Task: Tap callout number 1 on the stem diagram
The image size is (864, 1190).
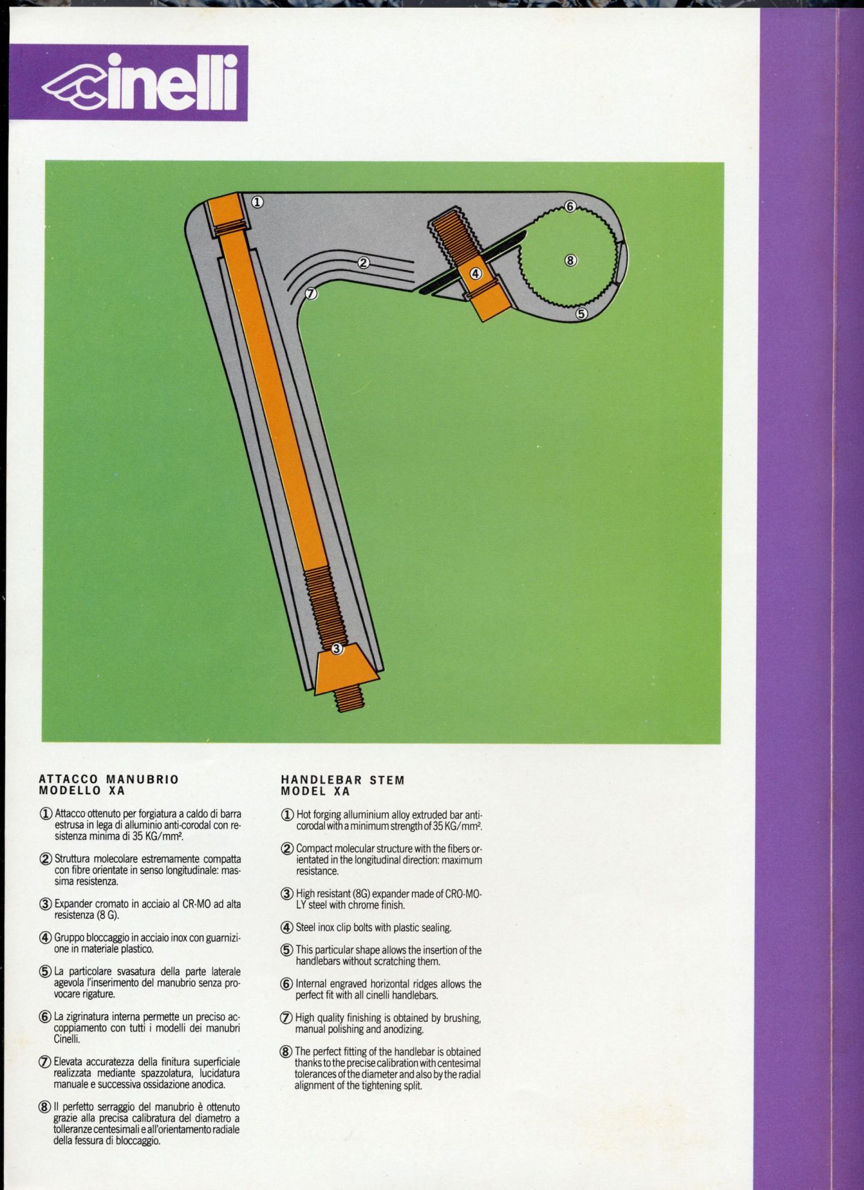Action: tap(256, 202)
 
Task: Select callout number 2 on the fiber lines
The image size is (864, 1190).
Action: tap(363, 262)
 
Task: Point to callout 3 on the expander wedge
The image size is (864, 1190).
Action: tap(337, 648)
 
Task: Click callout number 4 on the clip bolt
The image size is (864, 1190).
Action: tap(476, 273)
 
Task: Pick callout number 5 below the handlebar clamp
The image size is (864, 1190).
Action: tap(581, 313)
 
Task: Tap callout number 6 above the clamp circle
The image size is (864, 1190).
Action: tap(571, 207)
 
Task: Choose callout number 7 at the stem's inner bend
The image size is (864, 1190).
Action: tap(311, 294)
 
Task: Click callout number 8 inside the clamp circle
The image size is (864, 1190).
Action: tap(571, 260)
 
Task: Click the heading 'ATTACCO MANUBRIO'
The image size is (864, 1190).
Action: tap(109, 779)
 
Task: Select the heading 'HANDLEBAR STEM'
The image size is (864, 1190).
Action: tap(343, 780)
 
